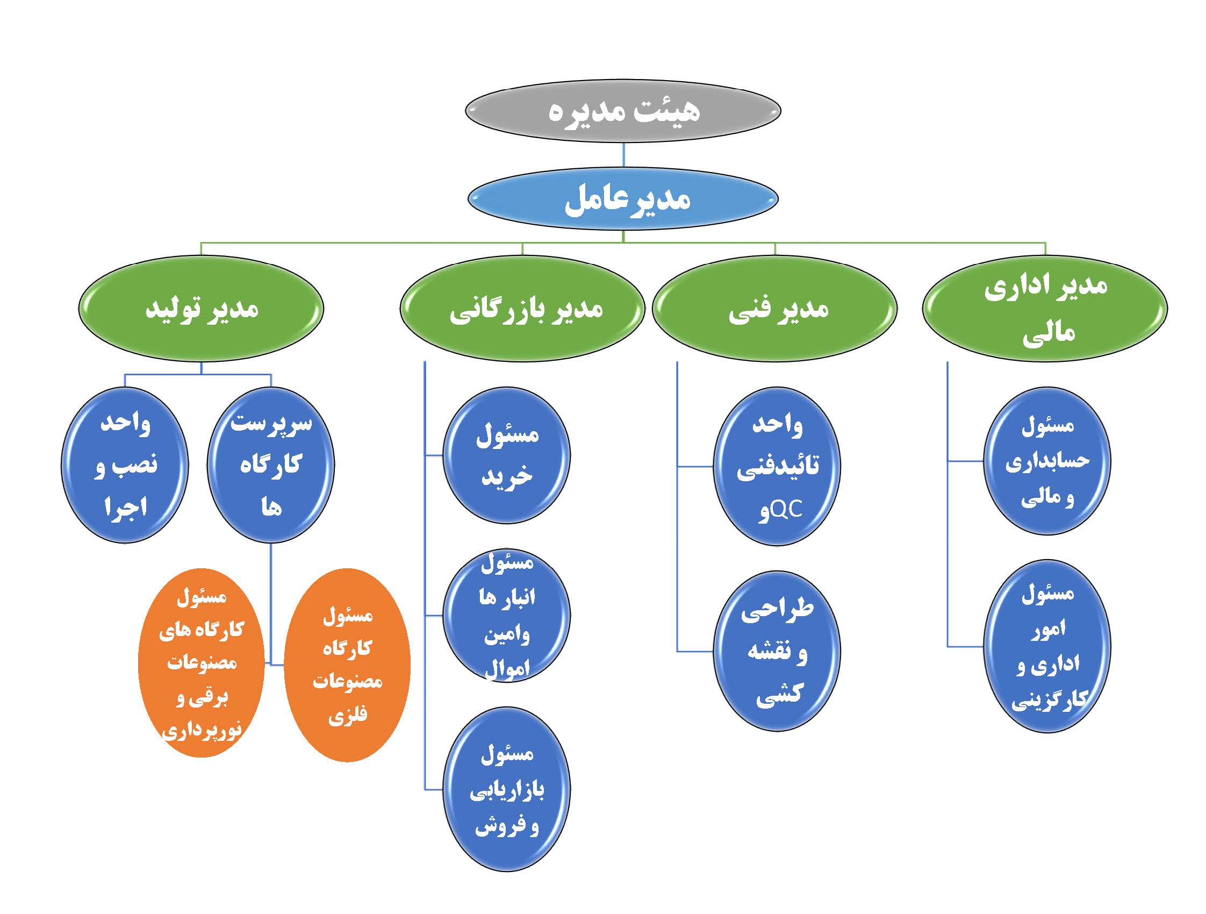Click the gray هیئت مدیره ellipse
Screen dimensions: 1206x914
coord(623,110)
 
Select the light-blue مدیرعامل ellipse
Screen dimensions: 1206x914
coord(623,198)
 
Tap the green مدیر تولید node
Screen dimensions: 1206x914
coord(201,309)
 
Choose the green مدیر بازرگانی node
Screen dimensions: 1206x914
coord(522,309)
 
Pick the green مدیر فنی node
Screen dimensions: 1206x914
coord(775,309)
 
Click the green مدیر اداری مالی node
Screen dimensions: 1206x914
coord(1045,309)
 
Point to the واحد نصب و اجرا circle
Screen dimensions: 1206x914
coord(125,465)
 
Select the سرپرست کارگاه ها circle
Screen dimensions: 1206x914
coord(271,465)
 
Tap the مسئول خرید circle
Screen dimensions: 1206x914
coord(506,455)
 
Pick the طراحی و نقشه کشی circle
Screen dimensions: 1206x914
coord(777,651)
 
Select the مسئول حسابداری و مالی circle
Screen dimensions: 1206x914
coord(1047,461)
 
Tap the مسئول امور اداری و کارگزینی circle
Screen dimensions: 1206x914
coord(1047,646)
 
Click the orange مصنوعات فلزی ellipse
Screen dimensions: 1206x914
coord(347,665)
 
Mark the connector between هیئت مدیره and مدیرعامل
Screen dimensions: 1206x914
coord(623,155)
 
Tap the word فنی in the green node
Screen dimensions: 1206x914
coord(749,310)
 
